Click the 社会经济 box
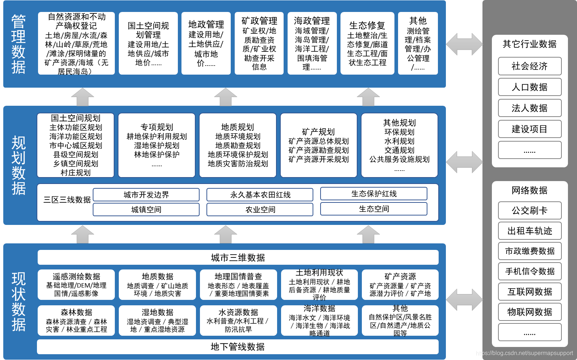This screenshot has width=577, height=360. coord(530,66)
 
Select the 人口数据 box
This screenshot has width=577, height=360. coord(530,87)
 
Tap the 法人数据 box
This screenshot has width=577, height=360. coord(530,108)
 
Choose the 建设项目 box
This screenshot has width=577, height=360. coord(530,129)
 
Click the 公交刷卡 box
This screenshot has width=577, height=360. coord(530,210)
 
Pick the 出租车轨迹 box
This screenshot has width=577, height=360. coord(530,231)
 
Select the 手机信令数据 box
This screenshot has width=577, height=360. coord(530,271)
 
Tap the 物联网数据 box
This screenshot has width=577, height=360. coord(530,312)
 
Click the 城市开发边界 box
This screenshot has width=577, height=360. coord(146,195)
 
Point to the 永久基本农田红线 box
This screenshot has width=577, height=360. coord(260,195)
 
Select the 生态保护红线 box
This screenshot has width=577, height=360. coord(373,194)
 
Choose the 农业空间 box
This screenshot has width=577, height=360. coord(260,209)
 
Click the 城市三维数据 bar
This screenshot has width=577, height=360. coord(238,258)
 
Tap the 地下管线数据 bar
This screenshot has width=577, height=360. coord(238,347)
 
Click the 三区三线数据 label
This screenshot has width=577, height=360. coord(67,200)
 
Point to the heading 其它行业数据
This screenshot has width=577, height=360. coord(530,44)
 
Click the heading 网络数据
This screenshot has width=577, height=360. coord(530,190)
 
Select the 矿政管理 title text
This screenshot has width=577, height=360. coord(259,21)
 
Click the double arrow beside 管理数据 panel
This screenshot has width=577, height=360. coord(464,44)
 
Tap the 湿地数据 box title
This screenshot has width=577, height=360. coord(157,312)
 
